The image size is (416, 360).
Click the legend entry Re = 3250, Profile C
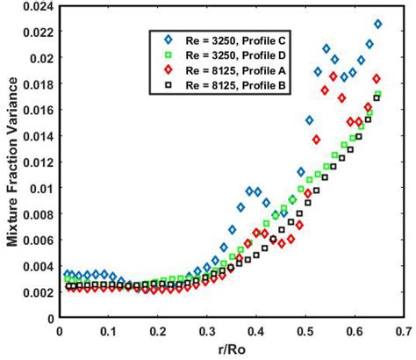[x=226, y=40]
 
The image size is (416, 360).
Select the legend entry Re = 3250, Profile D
[x=226, y=56]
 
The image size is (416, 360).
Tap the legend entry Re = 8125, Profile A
[x=226, y=72]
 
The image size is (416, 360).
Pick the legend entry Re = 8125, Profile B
[x=226, y=88]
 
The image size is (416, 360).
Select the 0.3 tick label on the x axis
[x=205, y=332]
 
